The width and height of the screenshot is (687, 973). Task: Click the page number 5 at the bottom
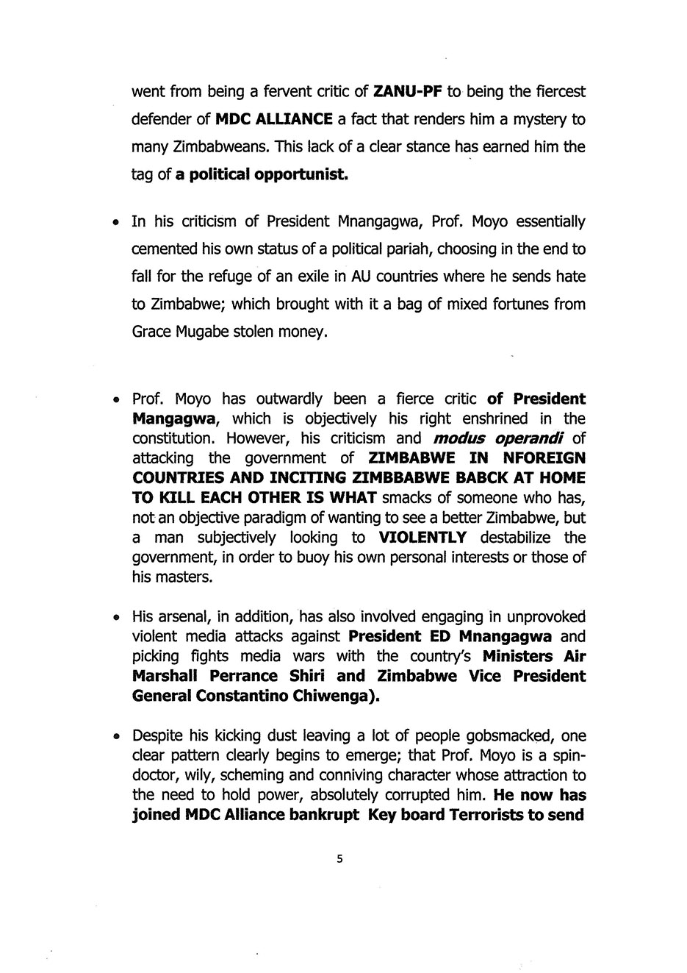[x=339, y=858]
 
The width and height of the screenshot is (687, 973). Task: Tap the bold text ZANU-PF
[x=407, y=92]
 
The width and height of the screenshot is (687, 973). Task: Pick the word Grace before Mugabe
[x=151, y=332]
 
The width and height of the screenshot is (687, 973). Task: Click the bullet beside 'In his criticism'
[x=116, y=223]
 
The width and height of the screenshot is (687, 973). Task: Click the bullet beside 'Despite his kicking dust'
[x=116, y=737]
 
